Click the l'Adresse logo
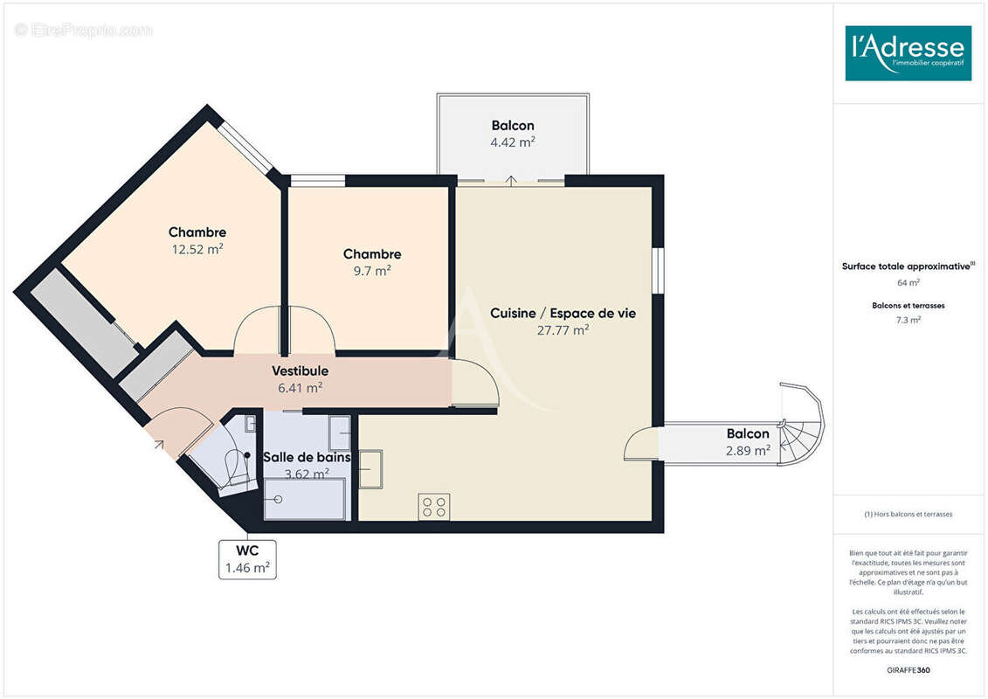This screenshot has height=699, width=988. [x=908, y=53]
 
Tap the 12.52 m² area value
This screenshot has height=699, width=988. [x=197, y=249]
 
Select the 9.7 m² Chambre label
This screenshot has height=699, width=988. [x=372, y=254]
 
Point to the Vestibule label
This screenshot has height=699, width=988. [x=300, y=371]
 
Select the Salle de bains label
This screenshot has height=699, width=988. [x=307, y=457]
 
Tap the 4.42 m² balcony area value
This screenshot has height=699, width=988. [x=513, y=142]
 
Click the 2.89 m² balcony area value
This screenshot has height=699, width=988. [x=748, y=451]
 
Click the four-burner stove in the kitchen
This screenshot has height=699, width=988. [x=434, y=506]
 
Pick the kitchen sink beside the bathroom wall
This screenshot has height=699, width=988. [x=370, y=469]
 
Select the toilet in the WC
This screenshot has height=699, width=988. [x=236, y=467]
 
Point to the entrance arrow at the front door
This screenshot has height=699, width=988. [x=159, y=445]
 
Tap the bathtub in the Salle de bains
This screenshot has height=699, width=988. [x=306, y=500]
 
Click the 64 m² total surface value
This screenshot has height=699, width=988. [x=908, y=283]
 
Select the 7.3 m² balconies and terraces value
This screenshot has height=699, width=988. [x=908, y=320]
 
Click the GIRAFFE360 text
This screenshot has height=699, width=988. [x=908, y=670]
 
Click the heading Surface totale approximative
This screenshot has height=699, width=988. [x=908, y=266]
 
